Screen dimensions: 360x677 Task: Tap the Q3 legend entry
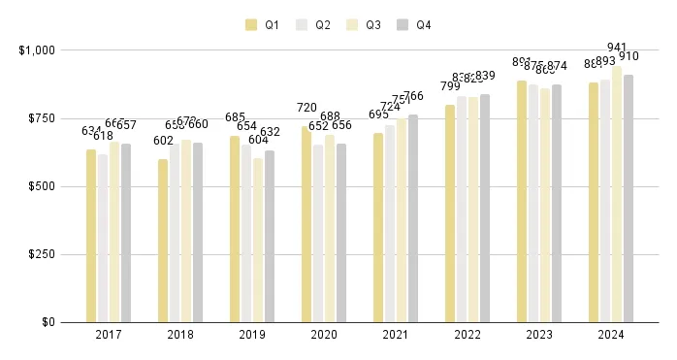coord(365,25)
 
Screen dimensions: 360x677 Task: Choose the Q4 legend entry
coord(415,25)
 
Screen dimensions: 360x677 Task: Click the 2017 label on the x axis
coord(109,335)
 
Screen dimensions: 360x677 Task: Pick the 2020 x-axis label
coord(324,335)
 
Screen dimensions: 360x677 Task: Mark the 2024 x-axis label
coord(611,335)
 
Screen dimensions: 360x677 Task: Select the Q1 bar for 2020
coord(306,224)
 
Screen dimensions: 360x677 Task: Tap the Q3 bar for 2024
coord(617,194)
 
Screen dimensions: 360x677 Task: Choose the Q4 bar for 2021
coord(413,218)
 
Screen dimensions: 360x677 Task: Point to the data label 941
coord(617,48)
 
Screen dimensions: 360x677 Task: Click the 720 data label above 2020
coord(306,108)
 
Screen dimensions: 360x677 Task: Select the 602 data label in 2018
coord(163,140)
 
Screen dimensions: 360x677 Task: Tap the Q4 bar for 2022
coord(485,208)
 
